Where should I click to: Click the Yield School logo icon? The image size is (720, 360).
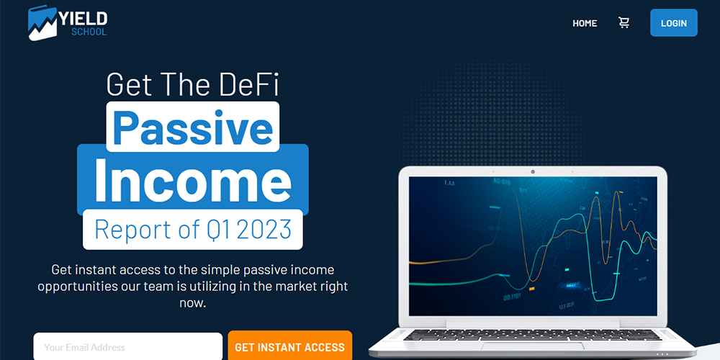point(42,23)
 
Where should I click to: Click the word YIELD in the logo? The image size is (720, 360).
point(83,19)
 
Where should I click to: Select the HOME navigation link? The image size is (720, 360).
point(585,23)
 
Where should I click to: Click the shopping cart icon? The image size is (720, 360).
point(624,22)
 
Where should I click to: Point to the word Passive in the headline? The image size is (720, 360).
point(193,127)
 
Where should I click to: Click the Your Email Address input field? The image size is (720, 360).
point(127,346)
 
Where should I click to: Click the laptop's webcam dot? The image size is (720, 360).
point(533,172)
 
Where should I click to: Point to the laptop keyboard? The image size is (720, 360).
point(532,336)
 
